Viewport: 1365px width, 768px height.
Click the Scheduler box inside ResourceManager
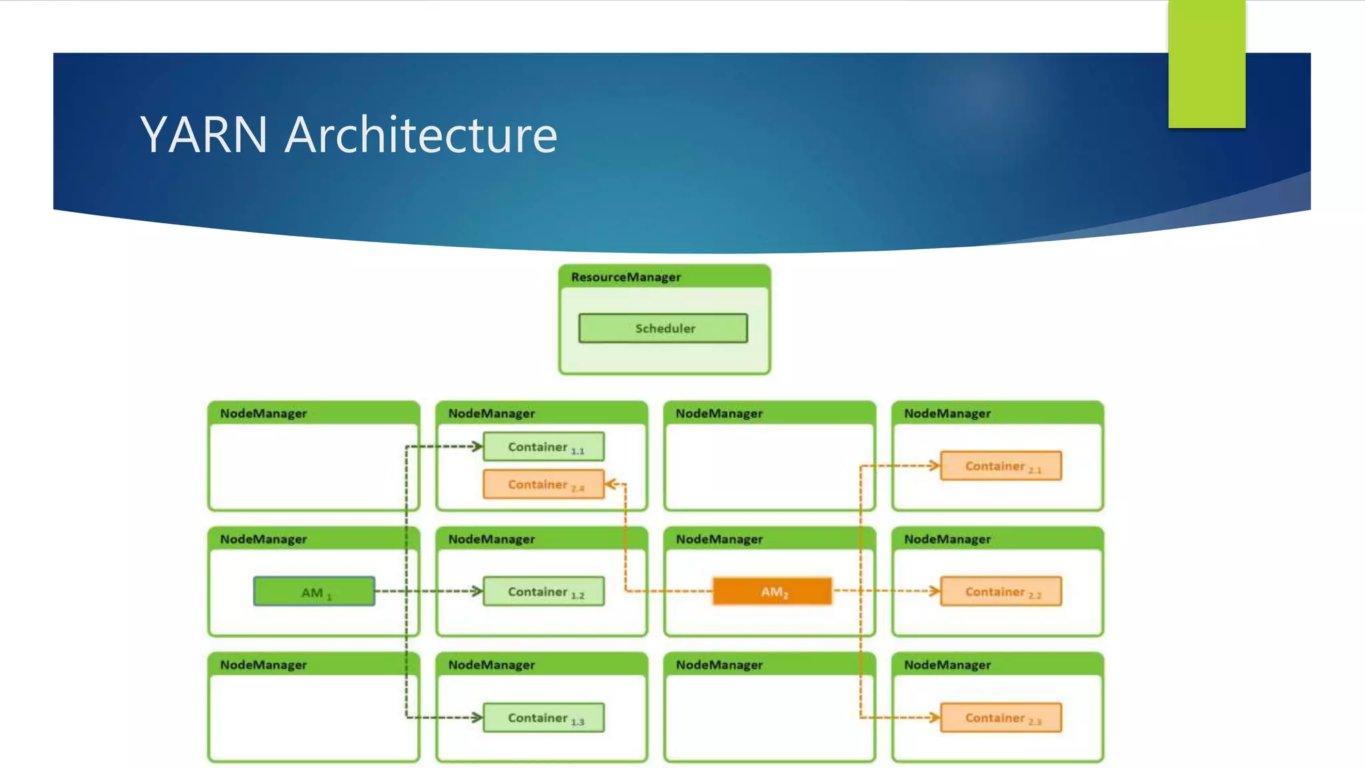click(x=663, y=328)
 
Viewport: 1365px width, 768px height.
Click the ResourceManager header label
click(x=625, y=277)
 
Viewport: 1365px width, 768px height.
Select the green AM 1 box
click(x=314, y=591)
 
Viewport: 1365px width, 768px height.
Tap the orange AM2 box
click(x=772, y=591)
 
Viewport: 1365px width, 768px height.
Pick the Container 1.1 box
click(x=544, y=447)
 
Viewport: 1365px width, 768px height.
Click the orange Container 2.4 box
click(x=544, y=485)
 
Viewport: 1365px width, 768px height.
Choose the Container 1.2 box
click(x=544, y=591)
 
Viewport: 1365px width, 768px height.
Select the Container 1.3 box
click(x=544, y=718)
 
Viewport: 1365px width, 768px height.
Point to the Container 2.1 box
click(x=1001, y=466)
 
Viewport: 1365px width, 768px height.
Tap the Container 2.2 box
click(x=1001, y=591)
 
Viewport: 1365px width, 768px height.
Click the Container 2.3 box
click(x=1001, y=718)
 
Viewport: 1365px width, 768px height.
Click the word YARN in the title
click(x=203, y=135)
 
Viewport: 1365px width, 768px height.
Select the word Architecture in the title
click(x=421, y=135)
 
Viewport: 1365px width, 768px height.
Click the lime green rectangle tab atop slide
click(x=1206, y=63)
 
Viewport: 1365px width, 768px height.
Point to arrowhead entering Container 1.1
click(x=477, y=446)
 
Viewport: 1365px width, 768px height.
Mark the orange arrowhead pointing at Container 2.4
click(x=611, y=484)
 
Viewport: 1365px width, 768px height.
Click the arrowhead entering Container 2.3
click(x=934, y=717)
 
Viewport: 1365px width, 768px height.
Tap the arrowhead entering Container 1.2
click(x=477, y=591)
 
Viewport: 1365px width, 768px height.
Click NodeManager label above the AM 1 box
click(x=263, y=539)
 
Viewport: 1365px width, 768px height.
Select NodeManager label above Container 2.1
click(x=947, y=413)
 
